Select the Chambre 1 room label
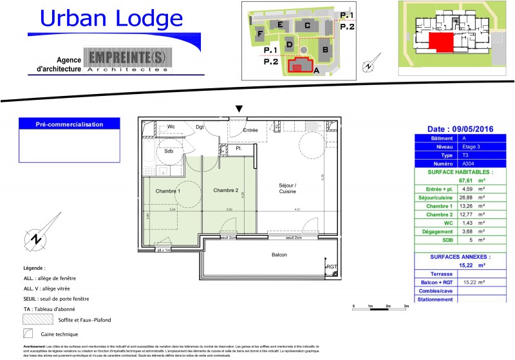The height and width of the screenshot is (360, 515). pyautogui.click(x=167, y=191)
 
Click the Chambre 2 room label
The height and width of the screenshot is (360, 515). pyautogui.click(x=226, y=191)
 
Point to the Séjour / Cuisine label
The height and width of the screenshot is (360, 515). pyautogui.click(x=287, y=188)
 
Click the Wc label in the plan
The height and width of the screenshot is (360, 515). pyautogui.click(x=171, y=127)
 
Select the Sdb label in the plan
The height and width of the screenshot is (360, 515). pyautogui.click(x=169, y=151)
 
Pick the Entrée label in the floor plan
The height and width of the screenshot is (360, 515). pyautogui.click(x=250, y=131)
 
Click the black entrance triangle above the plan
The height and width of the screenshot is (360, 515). pyautogui.click(x=239, y=109)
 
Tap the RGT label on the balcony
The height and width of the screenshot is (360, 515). pyautogui.click(x=332, y=267)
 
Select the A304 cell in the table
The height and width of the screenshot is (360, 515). pyautogui.click(x=471, y=164)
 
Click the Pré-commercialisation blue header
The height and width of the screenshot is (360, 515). pyautogui.click(x=69, y=124)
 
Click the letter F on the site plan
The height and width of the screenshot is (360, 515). pyautogui.click(x=260, y=33)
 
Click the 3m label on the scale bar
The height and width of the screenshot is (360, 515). pyautogui.click(x=406, y=307)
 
